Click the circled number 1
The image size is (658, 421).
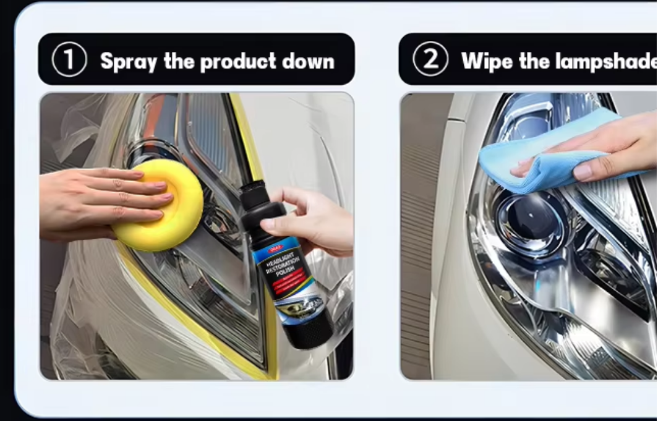tap(69, 60)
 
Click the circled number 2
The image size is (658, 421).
tap(430, 60)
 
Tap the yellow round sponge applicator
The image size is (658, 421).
tap(158, 203)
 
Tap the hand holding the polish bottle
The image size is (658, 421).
tap(315, 223)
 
